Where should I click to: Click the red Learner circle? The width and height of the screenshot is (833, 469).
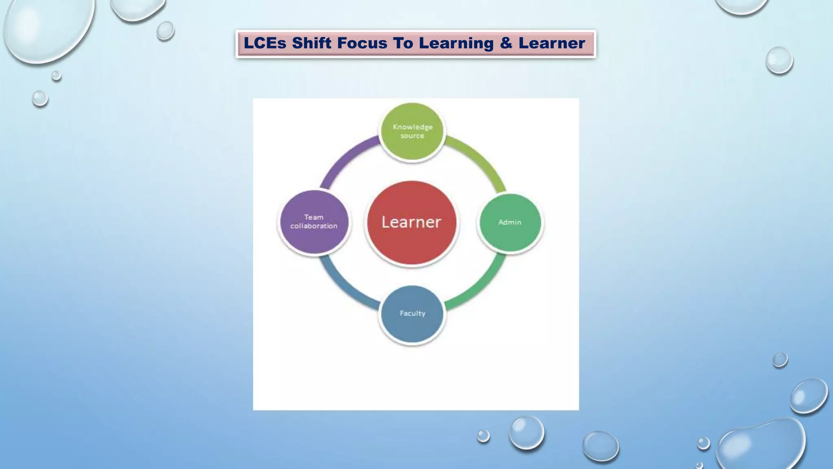411,222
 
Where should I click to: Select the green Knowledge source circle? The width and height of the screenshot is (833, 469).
412,131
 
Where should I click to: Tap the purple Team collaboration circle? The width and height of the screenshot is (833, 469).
314,222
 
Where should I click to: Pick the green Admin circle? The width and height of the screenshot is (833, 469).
510,222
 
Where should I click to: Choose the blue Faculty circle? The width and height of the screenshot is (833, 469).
412,314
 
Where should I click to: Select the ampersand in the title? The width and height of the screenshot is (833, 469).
506,43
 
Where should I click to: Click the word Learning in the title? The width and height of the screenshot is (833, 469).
456,43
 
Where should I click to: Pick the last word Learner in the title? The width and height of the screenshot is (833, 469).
552,43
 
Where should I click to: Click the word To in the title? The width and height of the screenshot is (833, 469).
403,43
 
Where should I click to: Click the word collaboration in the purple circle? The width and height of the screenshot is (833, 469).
314,226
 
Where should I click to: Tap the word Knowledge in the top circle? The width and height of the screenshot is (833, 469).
412,127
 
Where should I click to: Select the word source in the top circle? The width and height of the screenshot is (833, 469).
412,136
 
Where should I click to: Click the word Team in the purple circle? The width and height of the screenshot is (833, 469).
314,217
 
